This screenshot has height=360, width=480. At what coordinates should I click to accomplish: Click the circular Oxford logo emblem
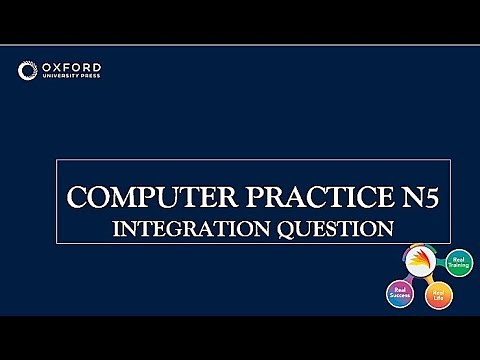pyautogui.click(x=28, y=70)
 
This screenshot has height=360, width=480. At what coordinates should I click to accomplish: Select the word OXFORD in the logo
pyautogui.click(x=71, y=65)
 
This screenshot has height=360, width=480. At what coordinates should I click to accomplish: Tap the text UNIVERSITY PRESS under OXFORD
pyautogui.click(x=71, y=76)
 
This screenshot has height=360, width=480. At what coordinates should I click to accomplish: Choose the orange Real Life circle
pyautogui.click(x=438, y=297)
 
